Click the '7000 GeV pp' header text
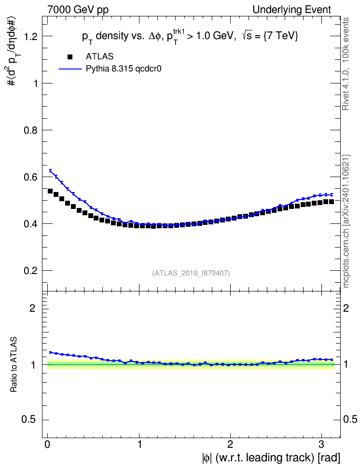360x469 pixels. click(78, 10)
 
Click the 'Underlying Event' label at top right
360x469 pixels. click(292, 10)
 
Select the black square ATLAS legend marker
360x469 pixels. click(70, 56)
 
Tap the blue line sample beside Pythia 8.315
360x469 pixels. click(70, 69)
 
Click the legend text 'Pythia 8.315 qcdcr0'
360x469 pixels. click(124, 69)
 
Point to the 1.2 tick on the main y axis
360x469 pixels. click(31, 37)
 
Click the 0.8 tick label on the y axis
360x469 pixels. click(31, 130)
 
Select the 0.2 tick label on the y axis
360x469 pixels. click(31, 271)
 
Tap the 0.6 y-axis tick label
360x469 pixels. click(31, 177)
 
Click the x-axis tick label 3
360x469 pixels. click(321, 444)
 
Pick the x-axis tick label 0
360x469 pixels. click(47, 444)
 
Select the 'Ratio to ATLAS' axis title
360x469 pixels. click(14, 364)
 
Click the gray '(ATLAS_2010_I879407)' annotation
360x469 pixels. click(191, 273)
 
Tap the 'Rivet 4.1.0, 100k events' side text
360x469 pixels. click(346, 64)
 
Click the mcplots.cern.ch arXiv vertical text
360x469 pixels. click(346, 221)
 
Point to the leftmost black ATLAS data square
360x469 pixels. click(50, 191)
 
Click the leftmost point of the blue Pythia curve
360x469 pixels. click(50, 170)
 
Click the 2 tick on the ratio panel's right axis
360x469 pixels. click(346, 308)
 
